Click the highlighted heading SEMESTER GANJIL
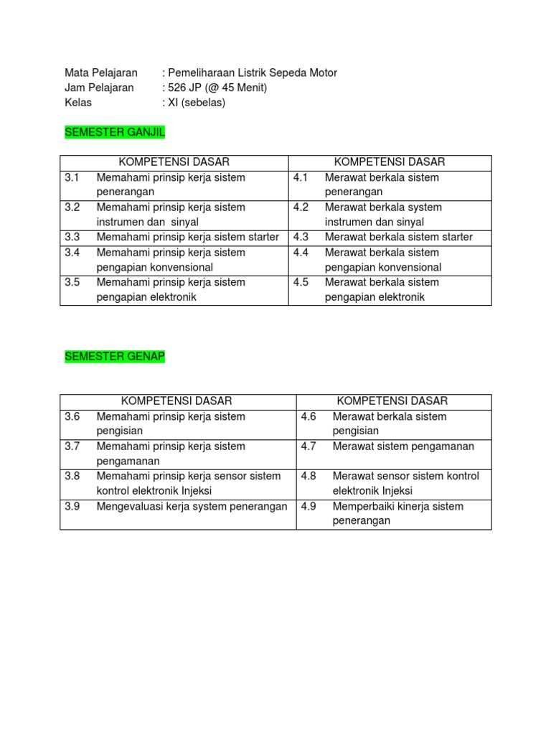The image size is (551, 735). (115, 133)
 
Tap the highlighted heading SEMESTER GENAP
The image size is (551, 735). (115, 357)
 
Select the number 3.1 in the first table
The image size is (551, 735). (72, 177)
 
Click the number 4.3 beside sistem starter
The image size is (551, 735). (301, 237)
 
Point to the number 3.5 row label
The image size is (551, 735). (72, 282)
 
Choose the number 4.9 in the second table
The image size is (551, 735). (309, 506)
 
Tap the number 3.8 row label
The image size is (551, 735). (72, 476)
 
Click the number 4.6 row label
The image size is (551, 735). (309, 416)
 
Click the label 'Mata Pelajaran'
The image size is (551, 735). (101, 72)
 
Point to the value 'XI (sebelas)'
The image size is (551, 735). (197, 103)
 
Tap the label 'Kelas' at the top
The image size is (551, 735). (78, 103)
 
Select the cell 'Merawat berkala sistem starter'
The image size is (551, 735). (399, 237)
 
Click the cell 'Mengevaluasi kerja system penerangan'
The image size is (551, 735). (192, 506)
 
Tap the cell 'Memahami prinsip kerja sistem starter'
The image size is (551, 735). (187, 237)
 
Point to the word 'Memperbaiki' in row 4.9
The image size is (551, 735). (362, 506)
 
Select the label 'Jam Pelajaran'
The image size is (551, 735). (99, 88)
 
